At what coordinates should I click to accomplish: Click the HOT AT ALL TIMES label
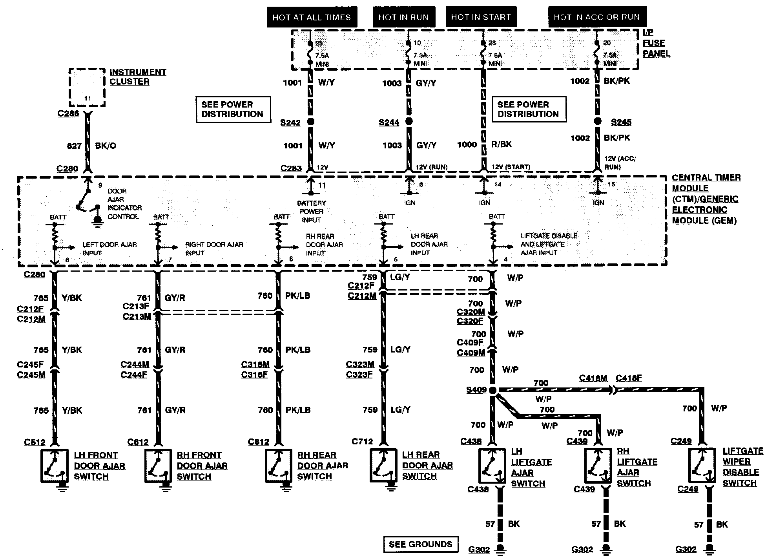pos(311,17)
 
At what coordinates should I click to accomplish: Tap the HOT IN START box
pos(481,17)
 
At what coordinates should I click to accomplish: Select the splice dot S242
pos(311,121)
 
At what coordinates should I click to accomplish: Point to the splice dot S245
pos(597,121)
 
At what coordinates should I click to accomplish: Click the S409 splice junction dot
pos(493,390)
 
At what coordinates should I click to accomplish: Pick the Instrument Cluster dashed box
pos(87,88)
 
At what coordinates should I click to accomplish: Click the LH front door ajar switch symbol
pos(55,466)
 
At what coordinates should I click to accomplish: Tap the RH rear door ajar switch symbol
pos(278,466)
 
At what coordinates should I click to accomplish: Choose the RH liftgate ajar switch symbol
pos(598,466)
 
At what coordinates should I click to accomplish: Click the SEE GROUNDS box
pos(420,544)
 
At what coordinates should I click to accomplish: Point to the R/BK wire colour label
pos(502,144)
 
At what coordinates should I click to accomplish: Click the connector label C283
pos(291,168)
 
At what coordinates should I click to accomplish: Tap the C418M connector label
pos(593,378)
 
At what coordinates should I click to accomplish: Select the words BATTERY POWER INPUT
pos(311,211)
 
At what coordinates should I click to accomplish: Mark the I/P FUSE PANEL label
pos(656,43)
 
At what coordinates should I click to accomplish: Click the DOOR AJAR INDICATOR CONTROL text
pos(124,204)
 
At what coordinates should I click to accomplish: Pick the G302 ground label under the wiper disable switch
pos(686,550)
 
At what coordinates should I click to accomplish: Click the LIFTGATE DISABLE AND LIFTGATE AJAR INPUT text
pos(549,244)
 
